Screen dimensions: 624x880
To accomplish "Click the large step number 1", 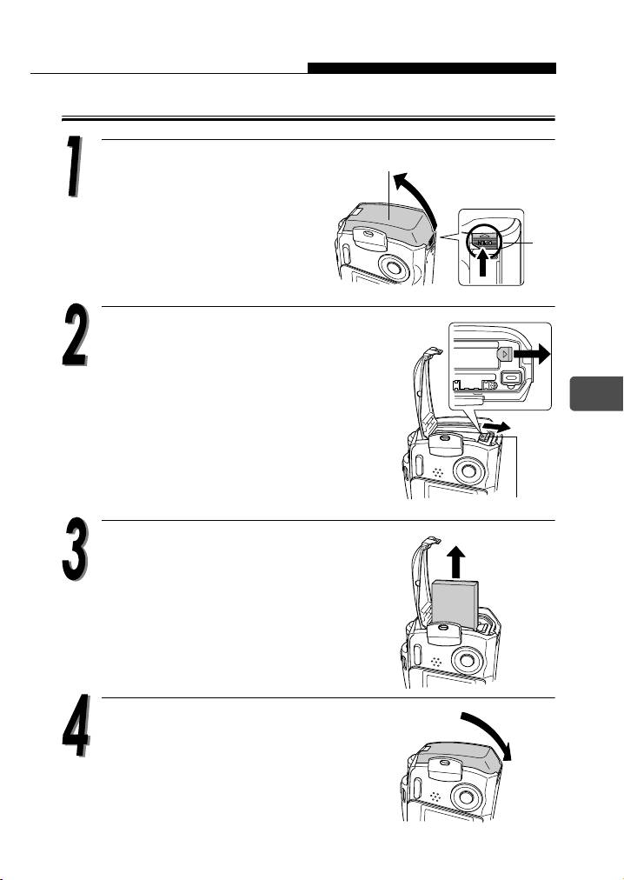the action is [x=74, y=167].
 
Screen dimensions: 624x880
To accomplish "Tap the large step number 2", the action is [x=75, y=336].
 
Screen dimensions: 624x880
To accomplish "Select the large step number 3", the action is [x=76, y=549].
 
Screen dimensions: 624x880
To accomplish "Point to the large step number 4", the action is [x=76, y=726].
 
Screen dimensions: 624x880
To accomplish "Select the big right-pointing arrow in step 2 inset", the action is [x=531, y=355].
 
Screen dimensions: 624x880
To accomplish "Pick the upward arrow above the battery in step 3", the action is [x=458, y=563].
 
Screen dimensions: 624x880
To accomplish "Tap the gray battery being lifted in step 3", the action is [x=455, y=603].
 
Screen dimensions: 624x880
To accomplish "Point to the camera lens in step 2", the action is [x=469, y=470].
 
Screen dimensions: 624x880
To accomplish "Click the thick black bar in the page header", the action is [x=432, y=69].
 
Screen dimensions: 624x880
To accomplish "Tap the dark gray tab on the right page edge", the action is [x=596, y=394].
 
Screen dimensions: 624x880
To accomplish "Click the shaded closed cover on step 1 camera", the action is [x=388, y=220].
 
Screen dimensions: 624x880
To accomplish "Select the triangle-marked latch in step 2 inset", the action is [x=504, y=354].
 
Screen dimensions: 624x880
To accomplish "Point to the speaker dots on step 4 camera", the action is [x=435, y=797].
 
